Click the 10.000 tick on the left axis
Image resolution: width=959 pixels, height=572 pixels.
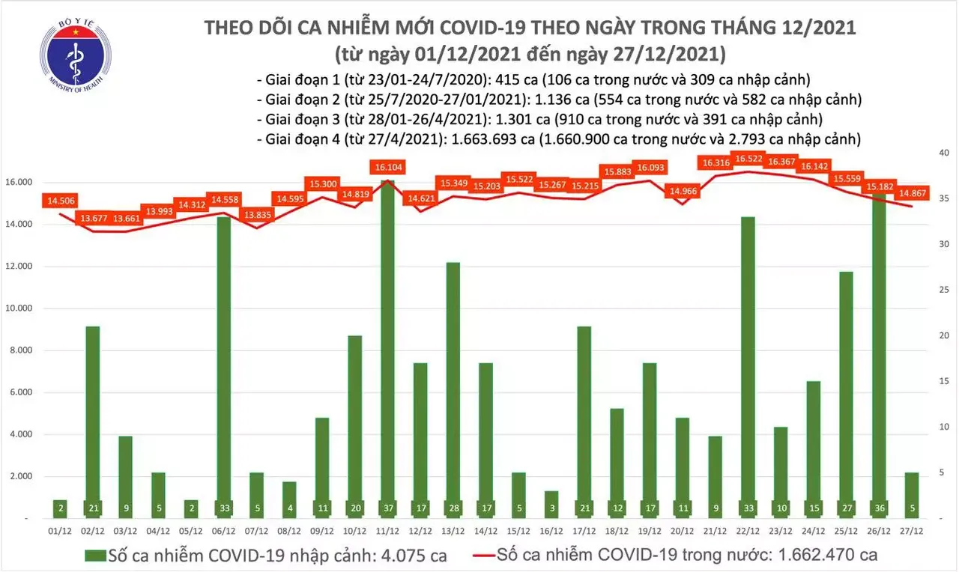tap(27, 308)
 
